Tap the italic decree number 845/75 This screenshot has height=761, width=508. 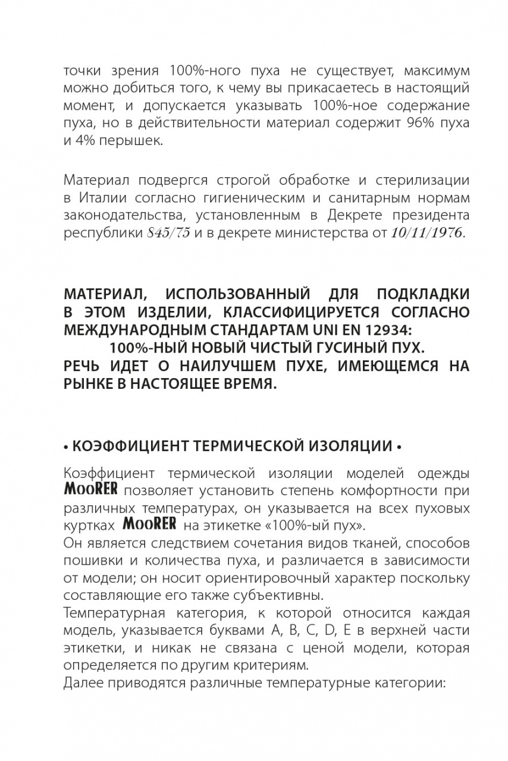click(168, 233)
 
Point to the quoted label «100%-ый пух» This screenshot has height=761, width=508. click(319, 525)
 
